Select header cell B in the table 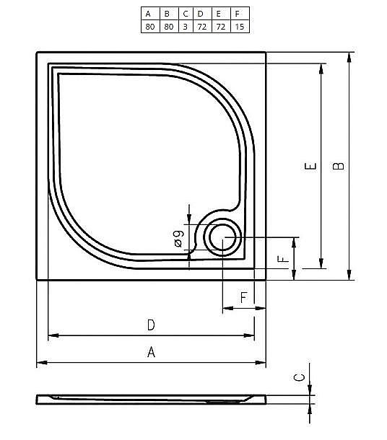tap(167, 14)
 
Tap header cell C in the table tap(185, 14)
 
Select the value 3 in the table tap(185, 27)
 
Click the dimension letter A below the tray tap(151, 352)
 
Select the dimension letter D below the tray tap(151, 325)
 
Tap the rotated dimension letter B tap(338, 166)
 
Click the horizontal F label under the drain tap(243, 297)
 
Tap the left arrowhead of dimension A tap(40, 362)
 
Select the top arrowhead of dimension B tap(349, 56)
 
